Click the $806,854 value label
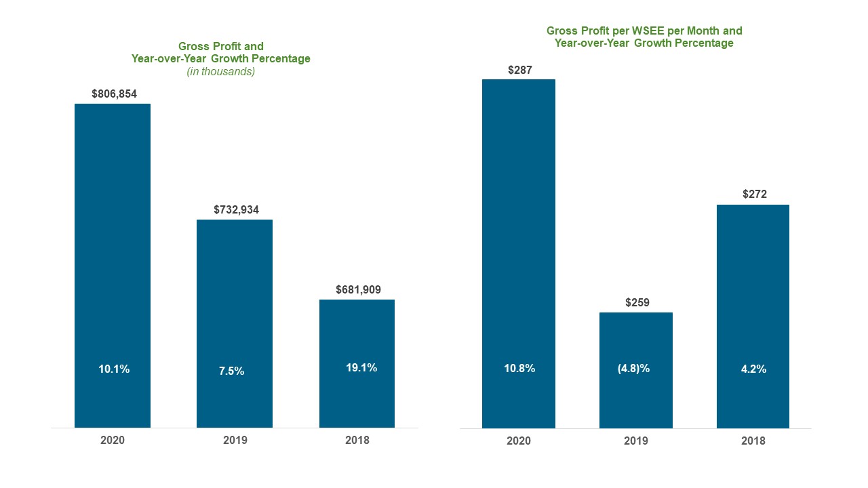(115, 94)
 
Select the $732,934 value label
(236, 209)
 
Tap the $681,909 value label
(358, 289)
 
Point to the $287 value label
(519, 69)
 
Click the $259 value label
(637, 302)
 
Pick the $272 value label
(754, 194)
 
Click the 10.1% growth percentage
(114, 369)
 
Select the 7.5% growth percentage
(231, 371)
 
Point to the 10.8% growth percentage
(519, 369)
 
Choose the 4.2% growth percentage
(753, 369)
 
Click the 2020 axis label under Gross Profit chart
(113, 440)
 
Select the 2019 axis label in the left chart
(235, 440)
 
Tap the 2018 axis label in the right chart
(753, 441)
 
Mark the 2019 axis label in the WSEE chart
(636, 441)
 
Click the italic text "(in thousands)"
(221, 72)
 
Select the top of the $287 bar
(519, 81)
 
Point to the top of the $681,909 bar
(357, 301)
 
